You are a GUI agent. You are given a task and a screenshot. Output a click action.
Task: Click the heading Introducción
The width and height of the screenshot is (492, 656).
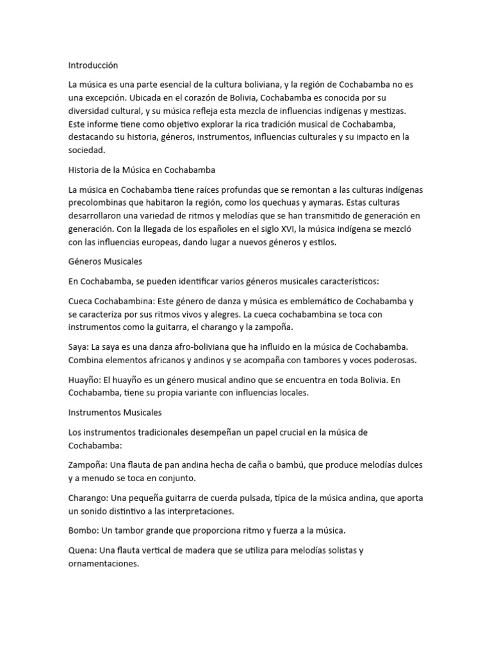click(93, 65)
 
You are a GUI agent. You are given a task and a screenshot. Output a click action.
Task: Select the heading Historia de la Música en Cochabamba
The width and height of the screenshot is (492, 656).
click(142, 170)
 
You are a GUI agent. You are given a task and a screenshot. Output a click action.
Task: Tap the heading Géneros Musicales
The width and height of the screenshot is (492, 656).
click(105, 262)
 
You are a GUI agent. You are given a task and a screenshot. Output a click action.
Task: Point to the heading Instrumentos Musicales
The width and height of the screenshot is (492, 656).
click(115, 412)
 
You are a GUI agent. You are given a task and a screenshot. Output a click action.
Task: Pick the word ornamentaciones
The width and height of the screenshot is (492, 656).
click(102, 564)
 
